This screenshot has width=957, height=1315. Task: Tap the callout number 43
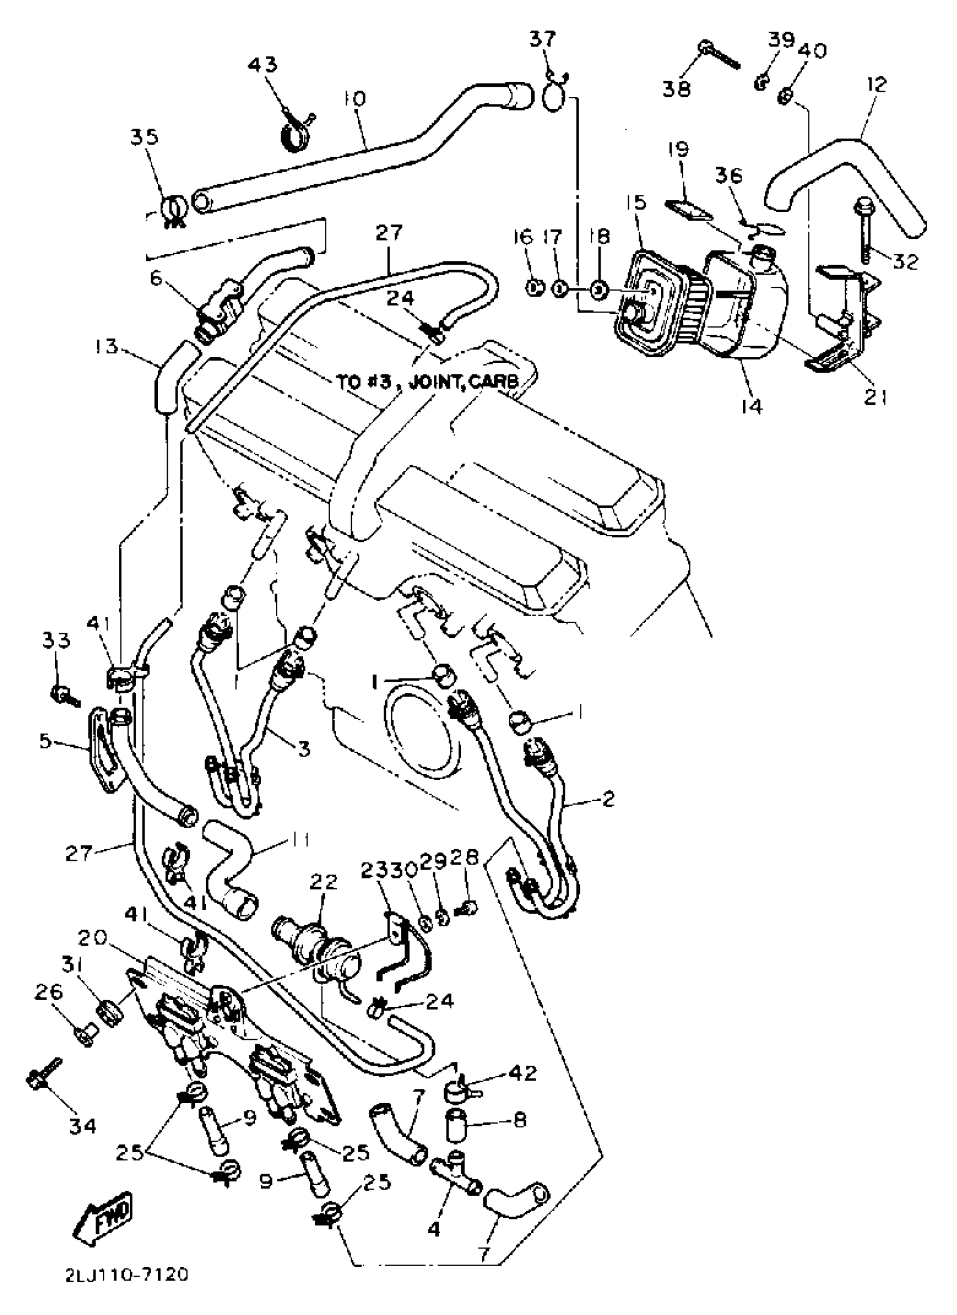point(263,64)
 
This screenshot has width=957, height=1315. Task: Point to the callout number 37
point(543,40)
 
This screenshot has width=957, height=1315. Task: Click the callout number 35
point(144,137)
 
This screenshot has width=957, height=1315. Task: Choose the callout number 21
point(876,398)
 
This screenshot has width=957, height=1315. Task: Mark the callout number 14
point(751,406)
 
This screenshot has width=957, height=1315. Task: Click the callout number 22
point(324,883)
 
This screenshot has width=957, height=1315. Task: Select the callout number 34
point(82,1126)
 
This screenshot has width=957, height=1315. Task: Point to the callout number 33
point(56,641)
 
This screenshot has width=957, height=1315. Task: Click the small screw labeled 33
point(62,694)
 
